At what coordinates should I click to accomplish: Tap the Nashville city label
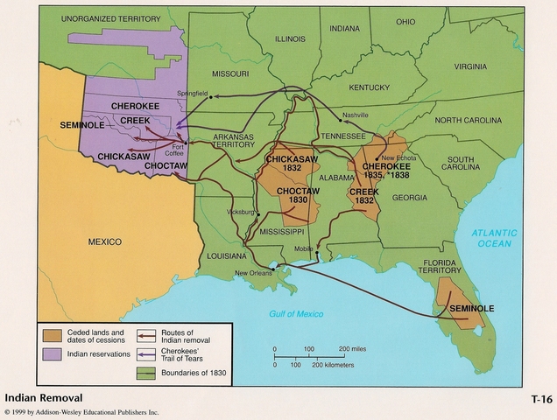pyautogui.click(x=356, y=115)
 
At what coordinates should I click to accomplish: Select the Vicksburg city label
pyautogui.click(x=239, y=212)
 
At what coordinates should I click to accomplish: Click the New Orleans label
pyautogui.click(x=254, y=274)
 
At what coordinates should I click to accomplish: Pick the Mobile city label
pyautogui.click(x=304, y=249)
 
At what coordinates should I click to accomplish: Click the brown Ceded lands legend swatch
pyautogui.click(x=52, y=336)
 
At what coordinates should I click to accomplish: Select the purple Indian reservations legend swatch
pyautogui.click(x=52, y=354)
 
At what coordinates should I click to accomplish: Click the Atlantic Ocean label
pyautogui.click(x=494, y=239)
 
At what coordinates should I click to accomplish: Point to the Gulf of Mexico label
pyautogui.click(x=296, y=313)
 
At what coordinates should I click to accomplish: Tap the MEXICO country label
pyautogui.click(x=104, y=241)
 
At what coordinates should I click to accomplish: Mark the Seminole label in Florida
pyautogui.click(x=472, y=309)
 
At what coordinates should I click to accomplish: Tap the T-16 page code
pyautogui.click(x=540, y=399)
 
